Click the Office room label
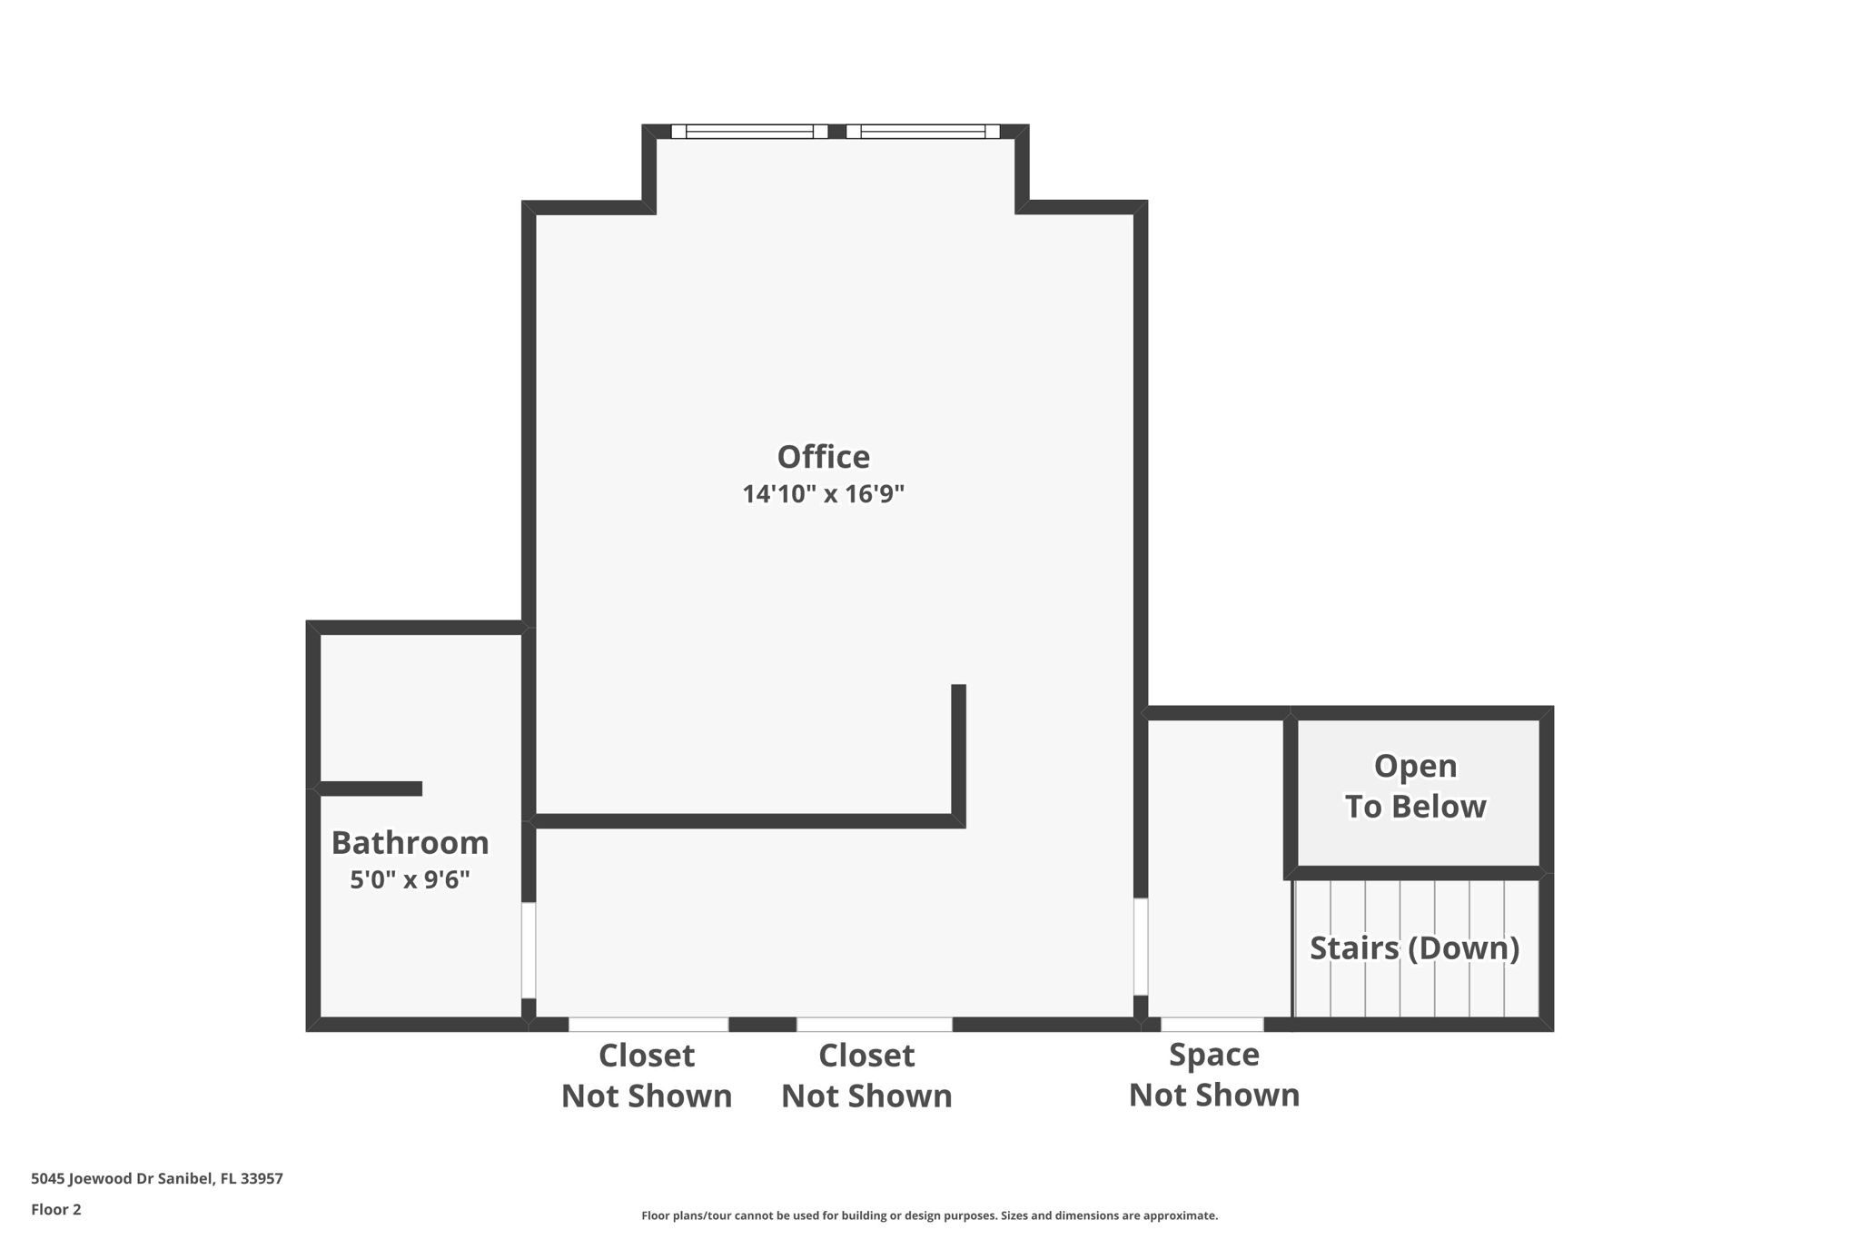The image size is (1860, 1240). pyautogui.click(x=823, y=457)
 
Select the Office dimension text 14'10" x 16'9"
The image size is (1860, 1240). pyautogui.click(x=823, y=494)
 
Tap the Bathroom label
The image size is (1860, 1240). pyautogui.click(x=410, y=843)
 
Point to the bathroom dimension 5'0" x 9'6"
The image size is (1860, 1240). pyautogui.click(x=410, y=879)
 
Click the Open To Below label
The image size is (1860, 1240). pyautogui.click(x=1415, y=786)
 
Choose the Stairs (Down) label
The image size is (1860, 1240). pyautogui.click(x=1414, y=948)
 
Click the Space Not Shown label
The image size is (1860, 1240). pyautogui.click(x=1213, y=1075)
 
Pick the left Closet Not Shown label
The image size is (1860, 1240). pyautogui.click(x=646, y=1076)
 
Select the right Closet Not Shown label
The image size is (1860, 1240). pyautogui.click(x=866, y=1076)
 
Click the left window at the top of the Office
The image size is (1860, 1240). pyautogui.click(x=749, y=132)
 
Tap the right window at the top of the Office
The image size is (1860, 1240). pyautogui.click(x=923, y=132)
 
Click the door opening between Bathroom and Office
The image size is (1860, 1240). pyautogui.click(x=529, y=950)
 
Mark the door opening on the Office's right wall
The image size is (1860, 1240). pyautogui.click(x=1141, y=947)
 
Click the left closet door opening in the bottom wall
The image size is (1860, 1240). pyautogui.click(x=648, y=1025)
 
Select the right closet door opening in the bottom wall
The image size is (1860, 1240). pyautogui.click(x=875, y=1025)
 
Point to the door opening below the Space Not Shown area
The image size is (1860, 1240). pyautogui.click(x=1212, y=1025)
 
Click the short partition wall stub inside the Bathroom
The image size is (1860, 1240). pyautogui.click(x=371, y=789)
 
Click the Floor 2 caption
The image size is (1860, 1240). pyautogui.click(x=56, y=1209)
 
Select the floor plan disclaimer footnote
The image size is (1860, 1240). pyautogui.click(x=929, y=1215)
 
